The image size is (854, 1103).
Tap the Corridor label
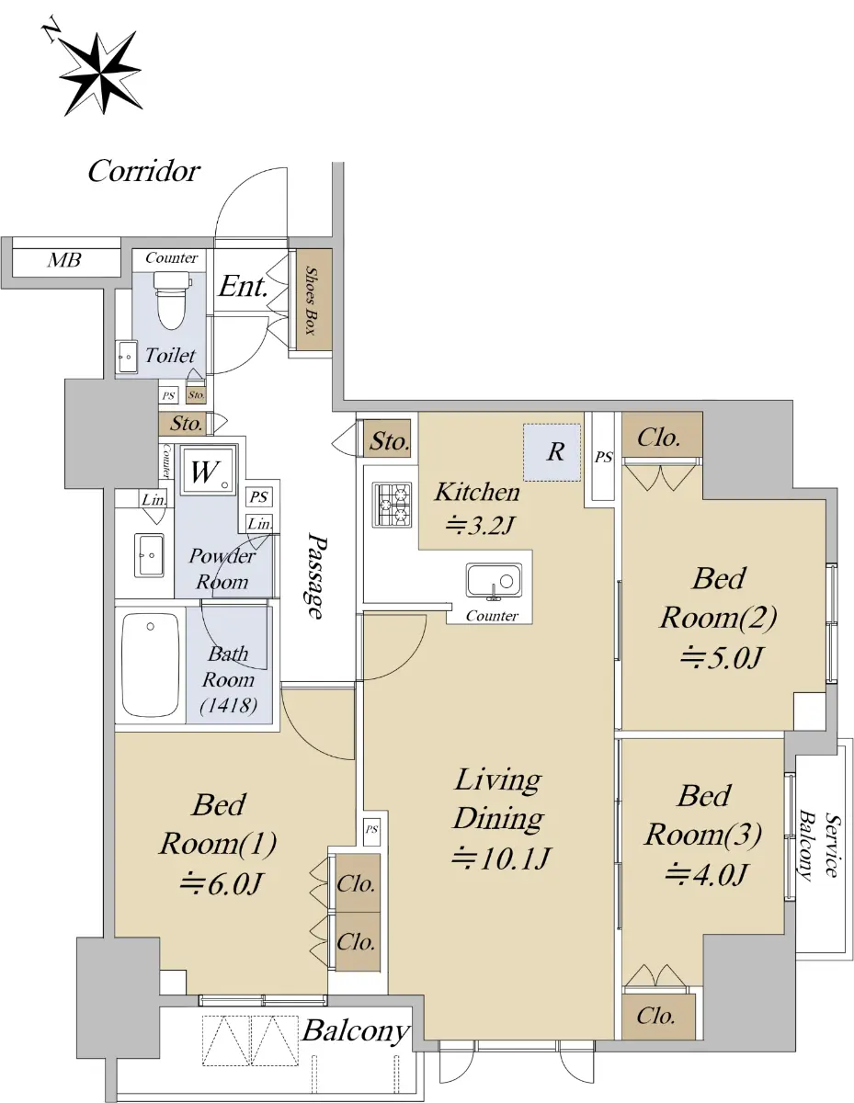click(x=144, y=172)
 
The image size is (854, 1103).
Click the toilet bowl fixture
click(x=172, y=300)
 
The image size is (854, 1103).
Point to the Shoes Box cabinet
click(x=314, y=300)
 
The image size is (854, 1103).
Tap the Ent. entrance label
click(x=243, y=286)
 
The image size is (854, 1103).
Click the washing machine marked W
click(x=209, y=470)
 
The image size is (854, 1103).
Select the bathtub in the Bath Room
click(x=150, y=665)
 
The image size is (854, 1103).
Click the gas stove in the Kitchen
click(x=392, y=505)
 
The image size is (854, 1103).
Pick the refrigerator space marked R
click(x=552, y=452)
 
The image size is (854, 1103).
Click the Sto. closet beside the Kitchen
click(x=388, y=438)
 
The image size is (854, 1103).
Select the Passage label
click(x=316, y=575)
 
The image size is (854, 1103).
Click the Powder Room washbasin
click(x=149, y=555)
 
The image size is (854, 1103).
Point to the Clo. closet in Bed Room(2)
click(x=662, y=435)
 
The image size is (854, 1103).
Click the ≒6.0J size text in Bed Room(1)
click(x=222, y=882)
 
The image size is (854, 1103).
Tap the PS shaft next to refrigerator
click(x=603, y=457)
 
